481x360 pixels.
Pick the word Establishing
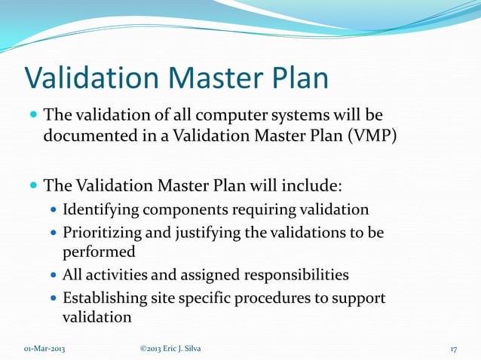[x=105, y=298]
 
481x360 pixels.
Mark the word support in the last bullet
[x=359, y=298]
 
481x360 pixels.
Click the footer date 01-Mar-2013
[x=44, y=348]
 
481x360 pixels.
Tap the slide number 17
[x=454, y=348]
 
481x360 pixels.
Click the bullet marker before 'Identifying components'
[x=54, y=210]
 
